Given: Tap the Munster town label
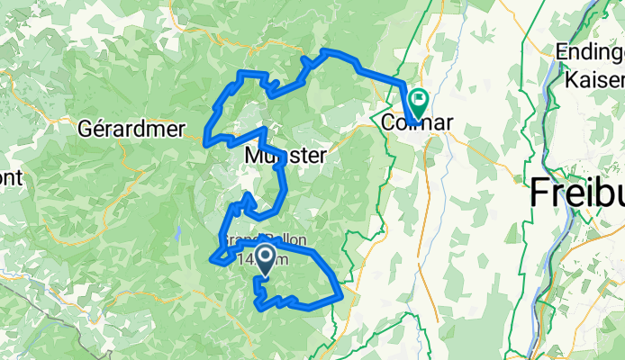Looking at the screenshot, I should (x=285, y=156).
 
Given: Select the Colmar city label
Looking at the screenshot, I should (x=415, y=122).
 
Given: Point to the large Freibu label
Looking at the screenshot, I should (x=576, y=192).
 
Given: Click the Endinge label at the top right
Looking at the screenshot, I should (x=590, y=52).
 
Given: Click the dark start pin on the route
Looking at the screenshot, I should (x=267, y=261).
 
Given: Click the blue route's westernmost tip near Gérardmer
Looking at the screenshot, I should (x=206, y=139).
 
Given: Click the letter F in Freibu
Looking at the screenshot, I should (x=540, y=192).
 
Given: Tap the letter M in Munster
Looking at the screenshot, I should (x=253, y=156).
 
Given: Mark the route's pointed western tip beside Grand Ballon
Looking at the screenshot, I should (x=213, y=261).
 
